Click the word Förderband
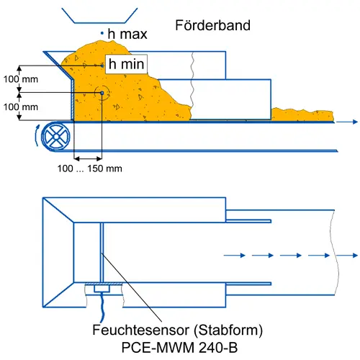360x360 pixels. click(x=212, y=25)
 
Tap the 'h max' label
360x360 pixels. click(x=127, y=34)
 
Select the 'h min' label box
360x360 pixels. click(x=126, y=64)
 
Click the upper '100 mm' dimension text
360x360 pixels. click(x=21, y=79)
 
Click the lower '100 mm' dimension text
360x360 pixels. click(x=21, y=107)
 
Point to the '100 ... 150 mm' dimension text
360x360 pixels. click(x=89, y=168)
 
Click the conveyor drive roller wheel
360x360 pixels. click(x=56, y=136)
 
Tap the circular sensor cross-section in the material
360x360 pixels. click(x=102, y=93)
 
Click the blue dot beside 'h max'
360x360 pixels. click(x=102, y=33)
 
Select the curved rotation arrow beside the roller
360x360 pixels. click(x=36, y=135)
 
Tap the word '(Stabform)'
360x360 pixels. click(x=228, y=330)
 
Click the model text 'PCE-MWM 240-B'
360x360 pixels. click(x=179, y=347)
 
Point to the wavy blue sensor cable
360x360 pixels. click(x=103, y=307)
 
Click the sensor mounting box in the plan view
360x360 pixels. click(x=102, y=289)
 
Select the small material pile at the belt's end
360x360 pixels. click(x=302, y=114)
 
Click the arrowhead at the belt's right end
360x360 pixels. click(x=355, y=122)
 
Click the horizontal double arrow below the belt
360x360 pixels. click(x=88, y=158)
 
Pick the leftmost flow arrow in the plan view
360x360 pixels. click(x=234, y=256)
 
